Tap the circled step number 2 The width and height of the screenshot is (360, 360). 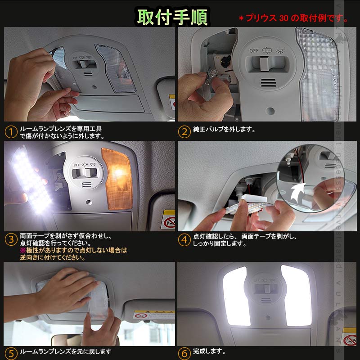click(x=184, y=132)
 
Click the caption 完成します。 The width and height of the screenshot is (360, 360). click(x=209, y=351)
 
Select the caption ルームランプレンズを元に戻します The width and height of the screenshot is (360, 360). click(x=65, y=351)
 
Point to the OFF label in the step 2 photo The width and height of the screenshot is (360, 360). click(x=254, y=51)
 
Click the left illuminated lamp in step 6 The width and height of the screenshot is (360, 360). click(x=236, y=295)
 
